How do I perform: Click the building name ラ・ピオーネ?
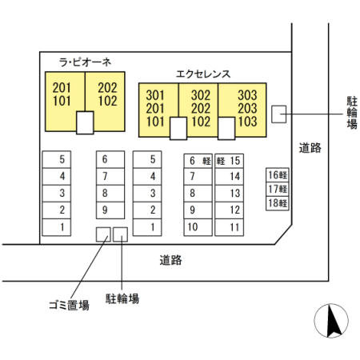[85, 62]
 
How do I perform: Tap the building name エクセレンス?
[203, 74]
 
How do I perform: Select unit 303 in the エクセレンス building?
[247, 95]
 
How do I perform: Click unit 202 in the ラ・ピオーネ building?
[107, 88]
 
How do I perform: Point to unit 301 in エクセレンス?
[155, 95]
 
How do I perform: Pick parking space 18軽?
[278, 203]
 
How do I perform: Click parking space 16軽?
[278, 175]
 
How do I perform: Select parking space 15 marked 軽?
[229, 161]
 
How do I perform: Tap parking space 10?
[198, 227]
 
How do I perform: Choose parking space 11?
[229, 227]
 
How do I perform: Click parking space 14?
[229, 176]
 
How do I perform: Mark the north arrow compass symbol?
[331, 321]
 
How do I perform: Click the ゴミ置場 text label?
[69, 306]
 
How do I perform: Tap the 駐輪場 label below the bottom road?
[122, 298]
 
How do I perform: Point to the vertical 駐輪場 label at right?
[352, 113]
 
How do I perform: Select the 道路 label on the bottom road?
[171, 260]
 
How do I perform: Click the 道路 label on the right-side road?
[310, 148]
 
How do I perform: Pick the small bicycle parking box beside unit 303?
[279, 114]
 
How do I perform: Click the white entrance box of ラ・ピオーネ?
[85, 122]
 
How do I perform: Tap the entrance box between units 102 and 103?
[226, 129]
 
